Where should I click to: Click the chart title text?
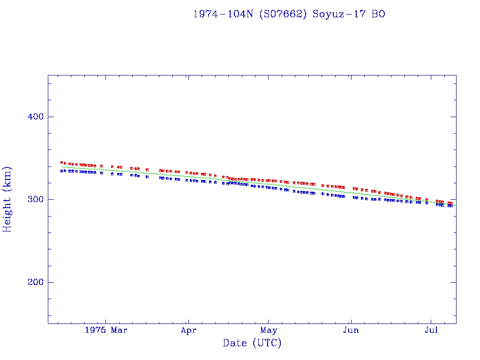point(289,14)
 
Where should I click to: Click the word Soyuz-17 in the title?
point(340,14)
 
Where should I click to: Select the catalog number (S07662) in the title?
point(284,14)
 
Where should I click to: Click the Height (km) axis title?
point(7,199)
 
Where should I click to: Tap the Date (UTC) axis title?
point(252,344)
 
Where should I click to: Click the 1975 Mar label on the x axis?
point(106,330)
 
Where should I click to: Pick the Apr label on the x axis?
point(188,330)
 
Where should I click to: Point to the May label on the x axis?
point(269,330)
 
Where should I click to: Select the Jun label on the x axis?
point(351,330)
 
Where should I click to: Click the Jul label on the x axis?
point(431,330)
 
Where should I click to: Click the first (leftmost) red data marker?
point(61,163)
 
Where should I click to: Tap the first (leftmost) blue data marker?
point(61,171)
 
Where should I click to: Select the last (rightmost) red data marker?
point(451,203)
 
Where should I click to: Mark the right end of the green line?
point(456,206)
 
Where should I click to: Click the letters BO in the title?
point(379,14)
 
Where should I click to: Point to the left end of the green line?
point(61,166)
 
